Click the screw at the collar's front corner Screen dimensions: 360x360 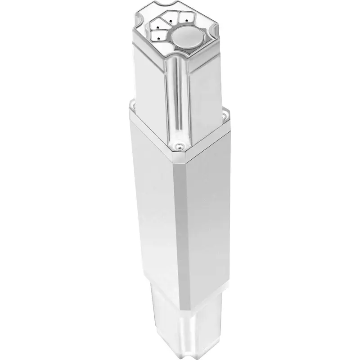(179, 145)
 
